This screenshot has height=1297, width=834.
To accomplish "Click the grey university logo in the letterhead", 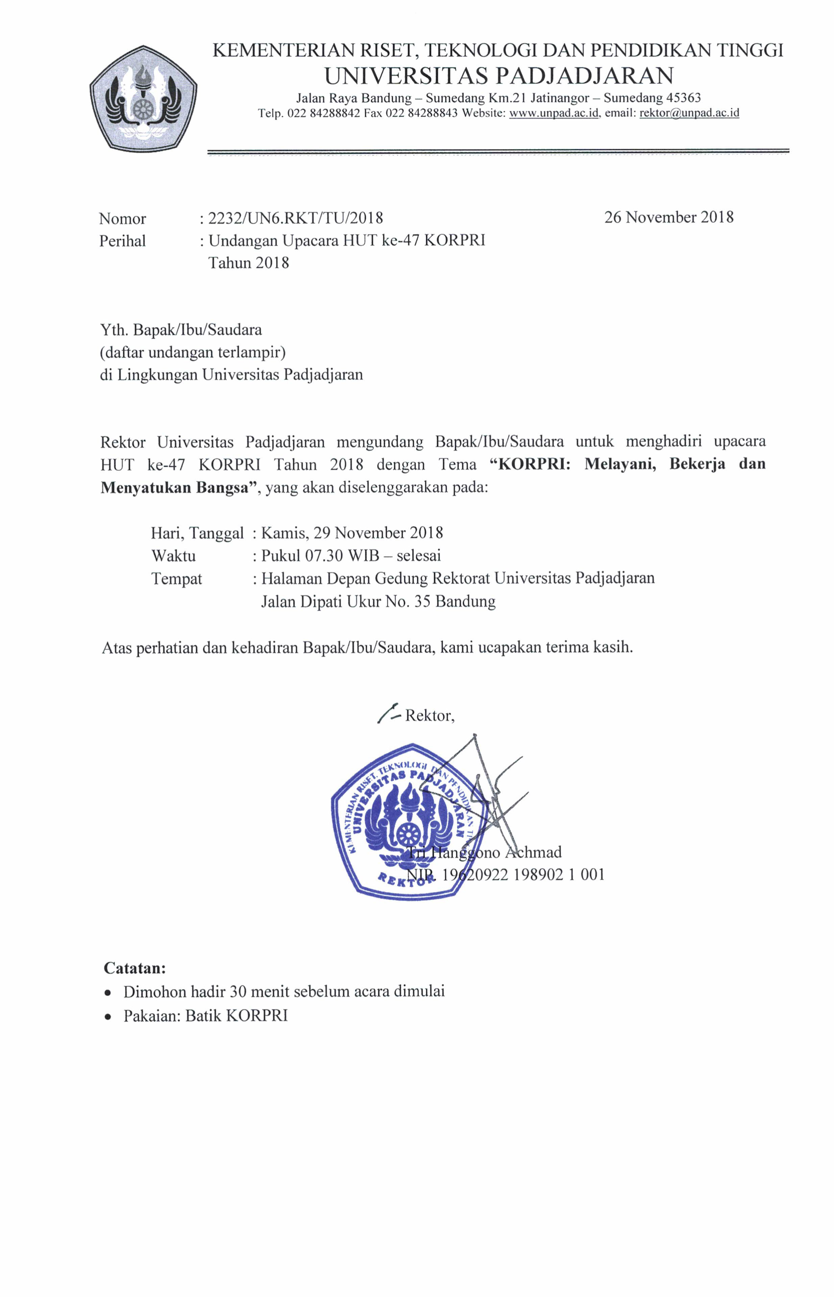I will tap(143, 98).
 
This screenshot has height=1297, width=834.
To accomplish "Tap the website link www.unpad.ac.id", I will tap(554, 113).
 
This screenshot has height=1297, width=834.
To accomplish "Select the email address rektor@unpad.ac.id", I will tap(689, 113).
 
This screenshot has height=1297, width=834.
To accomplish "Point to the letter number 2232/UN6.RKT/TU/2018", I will tap(296, 218).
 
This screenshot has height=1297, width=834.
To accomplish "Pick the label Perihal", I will tap(122, 241).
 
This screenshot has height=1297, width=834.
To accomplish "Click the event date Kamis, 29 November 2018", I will tap(352, 533).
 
